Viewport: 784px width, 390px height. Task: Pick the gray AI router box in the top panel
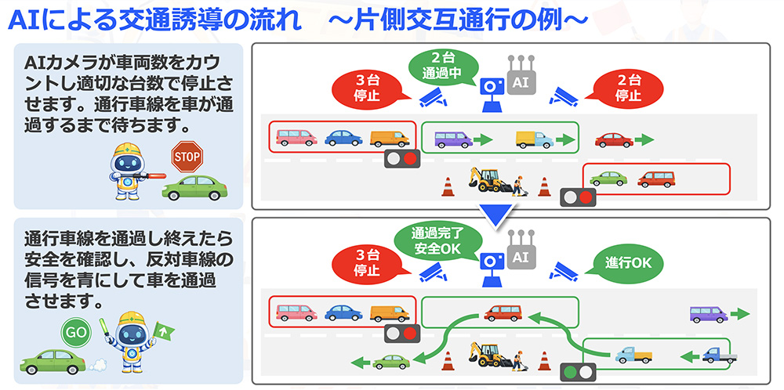519,80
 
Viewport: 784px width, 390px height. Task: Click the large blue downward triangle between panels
495,212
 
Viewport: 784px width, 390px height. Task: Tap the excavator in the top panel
488,180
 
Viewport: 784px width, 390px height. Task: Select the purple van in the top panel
453,139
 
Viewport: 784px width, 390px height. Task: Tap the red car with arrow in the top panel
613,140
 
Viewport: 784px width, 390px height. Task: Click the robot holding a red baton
131,168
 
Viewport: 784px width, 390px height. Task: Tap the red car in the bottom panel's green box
502,313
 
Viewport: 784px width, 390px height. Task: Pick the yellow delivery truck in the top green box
534,139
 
